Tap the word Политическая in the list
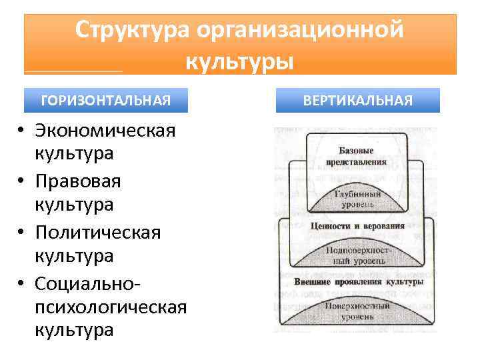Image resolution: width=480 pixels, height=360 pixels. point(98,233)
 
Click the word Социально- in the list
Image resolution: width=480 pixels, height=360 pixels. point(87,284)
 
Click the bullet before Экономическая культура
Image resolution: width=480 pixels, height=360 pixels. point(22,129)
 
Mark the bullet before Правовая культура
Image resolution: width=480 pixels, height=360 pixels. point(22,181)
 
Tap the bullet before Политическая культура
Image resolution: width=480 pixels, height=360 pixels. point(22,233)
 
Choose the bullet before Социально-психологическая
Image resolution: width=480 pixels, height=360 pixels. point(22,284)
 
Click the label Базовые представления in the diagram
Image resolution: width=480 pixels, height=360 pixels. point(356,155)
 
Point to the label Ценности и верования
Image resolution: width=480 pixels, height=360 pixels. point(357,226)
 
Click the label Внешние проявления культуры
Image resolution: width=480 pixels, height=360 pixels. point(359,282)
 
